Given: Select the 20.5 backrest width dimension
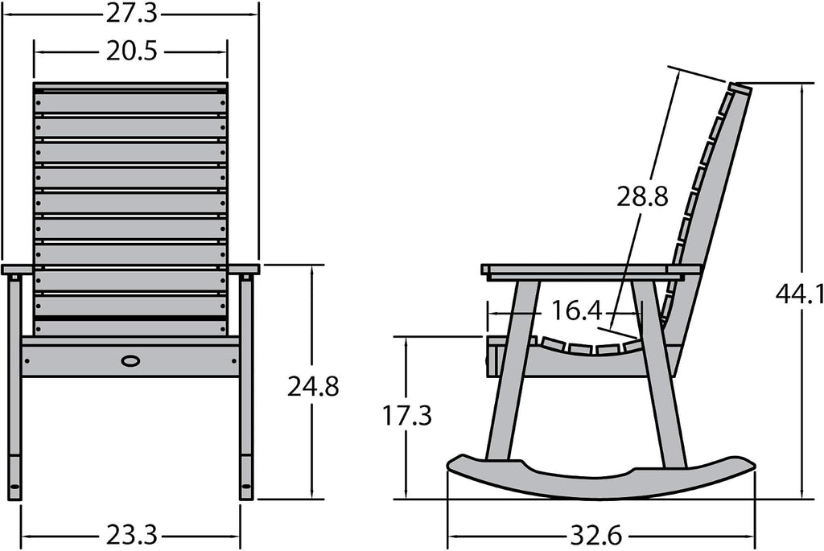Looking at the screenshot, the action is [x=131, y=51].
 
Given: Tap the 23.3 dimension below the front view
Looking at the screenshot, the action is [x=131, y=536].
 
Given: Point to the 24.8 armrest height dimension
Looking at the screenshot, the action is [x=313, y=387].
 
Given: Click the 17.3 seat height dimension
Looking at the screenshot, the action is [x=406, y=416].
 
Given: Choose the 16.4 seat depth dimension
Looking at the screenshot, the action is [x=576, y=311].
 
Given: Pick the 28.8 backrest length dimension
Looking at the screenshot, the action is [x=642, y=197].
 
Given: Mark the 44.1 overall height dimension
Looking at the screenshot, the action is [x=800, y=296].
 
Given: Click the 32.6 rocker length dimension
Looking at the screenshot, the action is [x=596, y=537].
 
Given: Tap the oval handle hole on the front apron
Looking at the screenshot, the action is [x=130, y=361].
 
